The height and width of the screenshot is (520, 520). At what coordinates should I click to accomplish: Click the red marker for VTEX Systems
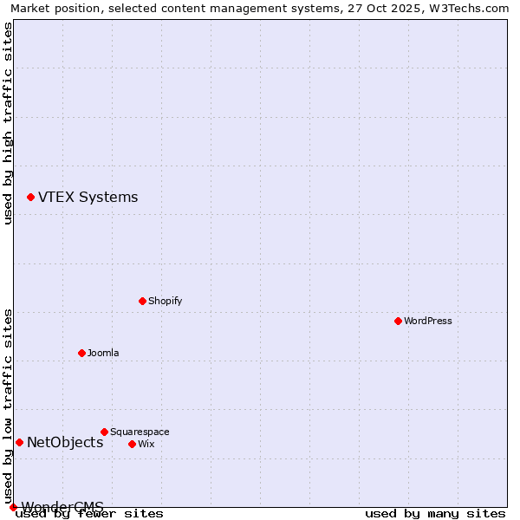(30, 198)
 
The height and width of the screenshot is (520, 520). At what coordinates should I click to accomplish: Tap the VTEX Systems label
(88, 198)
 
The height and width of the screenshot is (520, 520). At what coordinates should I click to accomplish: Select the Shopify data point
(142, 301)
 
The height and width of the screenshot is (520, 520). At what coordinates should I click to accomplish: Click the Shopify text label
(165, 302)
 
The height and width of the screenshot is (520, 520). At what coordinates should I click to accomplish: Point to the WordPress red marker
(398, 321)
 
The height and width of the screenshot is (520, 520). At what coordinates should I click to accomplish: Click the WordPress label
(428, 322)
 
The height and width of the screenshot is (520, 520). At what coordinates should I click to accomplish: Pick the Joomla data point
(81, 353)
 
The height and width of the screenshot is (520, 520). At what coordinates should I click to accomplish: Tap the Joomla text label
(103, 354)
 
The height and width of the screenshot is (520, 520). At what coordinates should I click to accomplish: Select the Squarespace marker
(104, 432)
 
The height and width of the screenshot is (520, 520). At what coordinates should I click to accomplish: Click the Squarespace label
(140, 432)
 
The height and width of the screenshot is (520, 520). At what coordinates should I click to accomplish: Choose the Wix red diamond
(132, 444)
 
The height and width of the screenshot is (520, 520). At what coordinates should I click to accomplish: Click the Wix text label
(146, 445)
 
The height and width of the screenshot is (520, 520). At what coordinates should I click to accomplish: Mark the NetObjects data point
(19, 442)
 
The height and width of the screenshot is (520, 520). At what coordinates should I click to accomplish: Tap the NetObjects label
(65, 443)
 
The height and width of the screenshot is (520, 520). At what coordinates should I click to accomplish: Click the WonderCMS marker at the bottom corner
(13, 507)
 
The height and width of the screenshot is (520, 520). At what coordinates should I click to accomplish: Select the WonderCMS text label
(62, 506)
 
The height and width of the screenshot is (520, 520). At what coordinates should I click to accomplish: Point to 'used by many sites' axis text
(435, 514)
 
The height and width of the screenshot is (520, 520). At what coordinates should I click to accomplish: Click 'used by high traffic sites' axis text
(8, 123)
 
